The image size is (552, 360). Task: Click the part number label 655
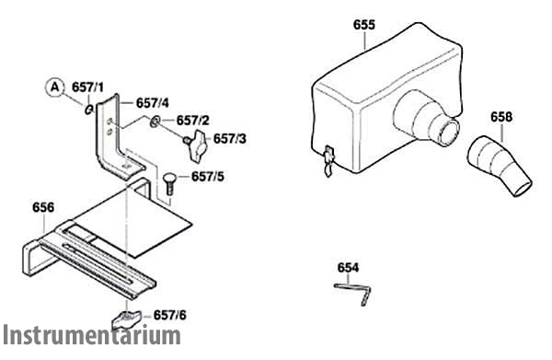click(x=364, y=25)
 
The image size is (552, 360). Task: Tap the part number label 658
click(x=501, y=117)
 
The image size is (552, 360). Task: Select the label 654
click(x=348, y=267)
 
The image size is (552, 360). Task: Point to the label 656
click(x=43, y=207)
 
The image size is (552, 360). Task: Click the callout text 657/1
click(x=87, y=87)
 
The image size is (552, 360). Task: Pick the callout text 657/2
click(x=192, y=121)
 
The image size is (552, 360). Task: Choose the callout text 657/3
click(x=230, y=139)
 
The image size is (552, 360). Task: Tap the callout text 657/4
click(x=153, y=103)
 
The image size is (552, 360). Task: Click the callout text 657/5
click(x=208, y=177)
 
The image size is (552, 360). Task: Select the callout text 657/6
click(x=169, y=315)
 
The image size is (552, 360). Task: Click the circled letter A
click(x=54, y=87)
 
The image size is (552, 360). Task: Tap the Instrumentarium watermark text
click(x=91, y=335)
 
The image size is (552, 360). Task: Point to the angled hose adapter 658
click(x=498, y=165)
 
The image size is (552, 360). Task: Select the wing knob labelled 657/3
click(x=195, y=145)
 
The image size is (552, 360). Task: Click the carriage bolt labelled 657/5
click(x=169, y=184)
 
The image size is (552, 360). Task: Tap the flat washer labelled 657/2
click(x=155, y=122)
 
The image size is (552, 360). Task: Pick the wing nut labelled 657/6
click(x=126, y=319)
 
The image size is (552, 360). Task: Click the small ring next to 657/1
click(x=88, y=110)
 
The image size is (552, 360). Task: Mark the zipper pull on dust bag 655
click(x=329, y=161)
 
